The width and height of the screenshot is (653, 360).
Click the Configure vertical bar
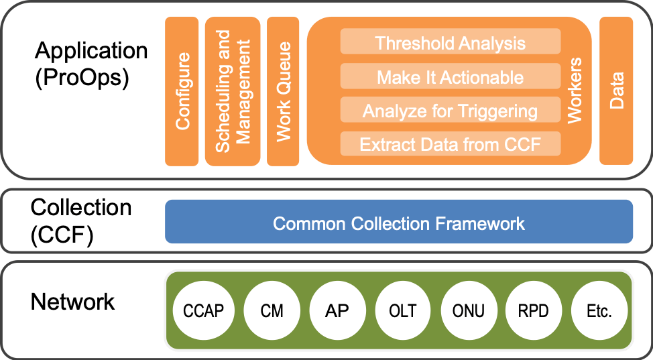tap(182, 91)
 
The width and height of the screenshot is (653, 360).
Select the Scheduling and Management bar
tap(233, 91)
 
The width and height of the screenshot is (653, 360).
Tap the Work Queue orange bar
tap(283, 91)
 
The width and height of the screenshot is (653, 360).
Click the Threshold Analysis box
tap(450, 43)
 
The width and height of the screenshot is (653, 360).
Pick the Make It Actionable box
tap(450, 77)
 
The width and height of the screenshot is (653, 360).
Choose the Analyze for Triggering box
tap(450, 111)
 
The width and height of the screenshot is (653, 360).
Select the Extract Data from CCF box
tap(450, 144)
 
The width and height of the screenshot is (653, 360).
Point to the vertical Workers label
tap(575, 91)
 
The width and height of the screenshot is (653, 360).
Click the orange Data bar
tap(616, 91)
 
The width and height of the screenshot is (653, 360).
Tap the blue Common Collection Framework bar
tap(399, 223)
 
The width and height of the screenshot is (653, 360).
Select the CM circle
tap(272, 310)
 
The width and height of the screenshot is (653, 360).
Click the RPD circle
tap(534, 310)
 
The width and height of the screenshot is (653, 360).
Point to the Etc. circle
tap(599, 310)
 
